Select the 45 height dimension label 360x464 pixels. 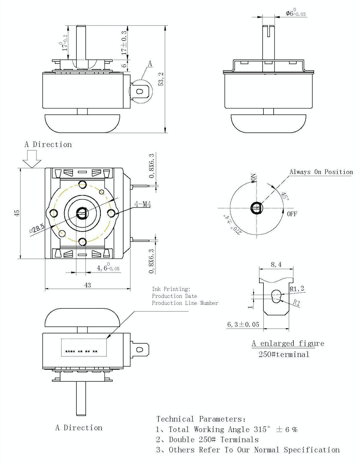17,213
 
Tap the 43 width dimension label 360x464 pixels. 87,285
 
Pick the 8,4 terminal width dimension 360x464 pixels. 276,264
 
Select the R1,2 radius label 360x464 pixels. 296,288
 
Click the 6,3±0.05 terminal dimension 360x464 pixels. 243,324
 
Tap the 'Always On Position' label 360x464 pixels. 321,172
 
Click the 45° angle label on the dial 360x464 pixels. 285,196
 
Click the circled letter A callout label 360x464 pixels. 150,63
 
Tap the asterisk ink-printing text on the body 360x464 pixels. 82,352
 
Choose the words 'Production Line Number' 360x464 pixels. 185,303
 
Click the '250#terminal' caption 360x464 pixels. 281,354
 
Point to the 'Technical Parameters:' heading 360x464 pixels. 201,419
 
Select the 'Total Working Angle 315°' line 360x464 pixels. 227,429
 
